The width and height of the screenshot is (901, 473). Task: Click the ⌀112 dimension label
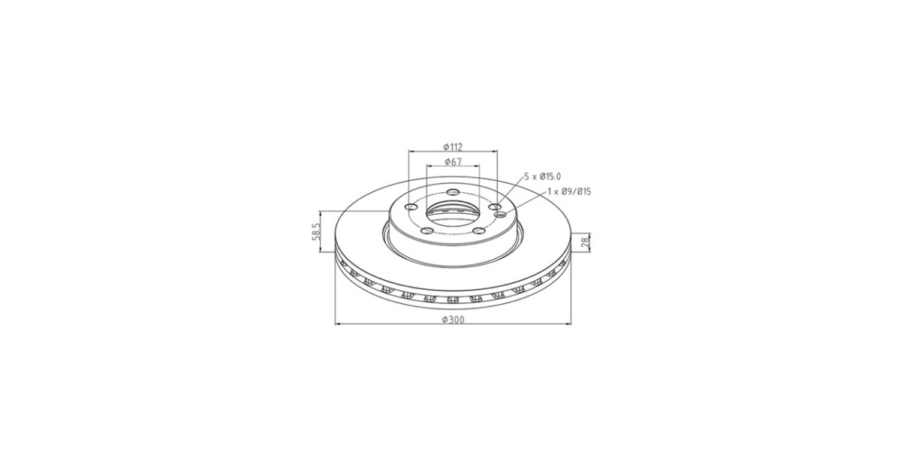pyautogui.click(x=453, y=147)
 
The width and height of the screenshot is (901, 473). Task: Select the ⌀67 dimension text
pyautogui.click(x=453, y=161)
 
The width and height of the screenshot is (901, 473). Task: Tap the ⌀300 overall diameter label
pyautogui.click(x=453, y=320)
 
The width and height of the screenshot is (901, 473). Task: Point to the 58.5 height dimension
pyautogui.click(x=316, y=232)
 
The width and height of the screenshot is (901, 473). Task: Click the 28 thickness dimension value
pyautogui.click(x=586, y=242)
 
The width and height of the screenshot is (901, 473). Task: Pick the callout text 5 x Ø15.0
pyautogui.click(x=543, y=176)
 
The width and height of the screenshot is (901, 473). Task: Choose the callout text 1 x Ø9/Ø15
pyautogui.click(x=569, y=191)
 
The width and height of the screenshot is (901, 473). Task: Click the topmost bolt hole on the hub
pyautogui.click(x=454, y=191)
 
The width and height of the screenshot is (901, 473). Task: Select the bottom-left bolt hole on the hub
pyautogui.click(x=427, y=231)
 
